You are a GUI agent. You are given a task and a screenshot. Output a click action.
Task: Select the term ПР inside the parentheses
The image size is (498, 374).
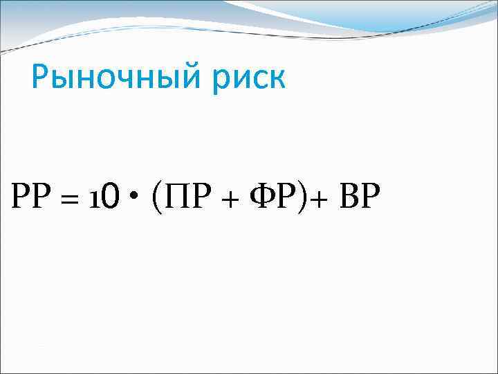pyautogui.click(x=182, y=199)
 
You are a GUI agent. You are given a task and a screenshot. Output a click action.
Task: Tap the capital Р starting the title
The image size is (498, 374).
pyautogui.click(x=42, y=76)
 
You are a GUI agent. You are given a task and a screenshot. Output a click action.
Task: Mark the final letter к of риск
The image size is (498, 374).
pyautogui.click(x=277, y=78)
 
